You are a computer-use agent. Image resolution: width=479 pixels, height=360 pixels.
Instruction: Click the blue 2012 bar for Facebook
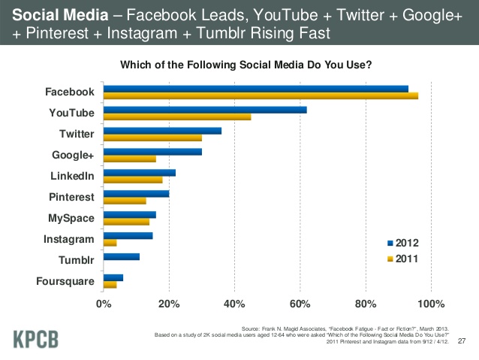pos(255,89)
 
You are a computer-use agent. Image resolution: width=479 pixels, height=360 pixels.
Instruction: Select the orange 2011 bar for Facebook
pos(261,95)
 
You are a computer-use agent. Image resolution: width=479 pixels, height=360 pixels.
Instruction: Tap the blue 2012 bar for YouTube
pos(205,110)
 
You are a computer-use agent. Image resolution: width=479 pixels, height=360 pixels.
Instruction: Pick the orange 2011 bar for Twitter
pos(152,138)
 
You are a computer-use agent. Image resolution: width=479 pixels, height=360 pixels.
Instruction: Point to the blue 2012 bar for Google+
pos(152,151)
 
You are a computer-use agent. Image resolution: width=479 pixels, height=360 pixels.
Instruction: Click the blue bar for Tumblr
pos(122,256)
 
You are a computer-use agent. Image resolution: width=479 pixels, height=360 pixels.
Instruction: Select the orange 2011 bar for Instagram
pos(110,243)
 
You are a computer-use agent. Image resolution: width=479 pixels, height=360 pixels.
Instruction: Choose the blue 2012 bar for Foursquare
pos(113,277)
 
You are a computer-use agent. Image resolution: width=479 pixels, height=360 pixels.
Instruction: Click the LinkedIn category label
pos(71,176)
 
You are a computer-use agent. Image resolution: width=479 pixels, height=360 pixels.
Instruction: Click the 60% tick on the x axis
pos(300,304)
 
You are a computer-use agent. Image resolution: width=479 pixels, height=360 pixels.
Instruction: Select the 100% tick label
pos(430,304)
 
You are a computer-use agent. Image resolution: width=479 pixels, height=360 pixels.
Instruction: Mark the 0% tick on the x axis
pos(104,304)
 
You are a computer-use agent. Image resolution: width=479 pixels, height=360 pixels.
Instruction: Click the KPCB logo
pos(35,339)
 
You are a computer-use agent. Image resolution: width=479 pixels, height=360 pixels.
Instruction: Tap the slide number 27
pos(462,340)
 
